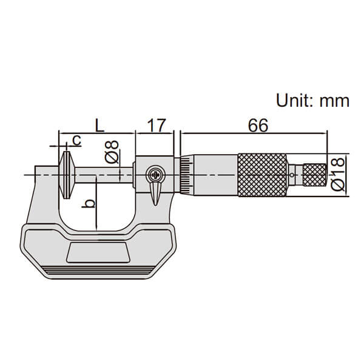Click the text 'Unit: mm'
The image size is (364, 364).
click(x=312, y=101)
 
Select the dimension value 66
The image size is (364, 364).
click(x=258, y=126)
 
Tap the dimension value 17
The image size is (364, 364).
click(x=157, y=126)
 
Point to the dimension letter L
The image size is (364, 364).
click(x=100, y=126)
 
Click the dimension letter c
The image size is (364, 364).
click(x=76, y=140)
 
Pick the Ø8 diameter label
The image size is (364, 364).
click(x=112, y=152)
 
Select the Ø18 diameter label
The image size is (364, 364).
click(x=337, y=174)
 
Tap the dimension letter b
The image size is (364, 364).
click(x=89, y=203)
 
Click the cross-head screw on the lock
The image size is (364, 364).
click(x=155, y=175)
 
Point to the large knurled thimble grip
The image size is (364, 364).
click(x=262, y=175)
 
